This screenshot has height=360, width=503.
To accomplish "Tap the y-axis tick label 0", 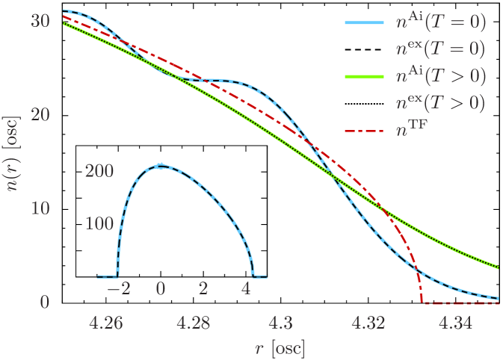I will click(x=45, y=302).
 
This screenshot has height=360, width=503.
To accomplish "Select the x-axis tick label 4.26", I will click(x=105, y=323).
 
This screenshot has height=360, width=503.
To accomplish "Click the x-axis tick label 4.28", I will click(x=193, y=323).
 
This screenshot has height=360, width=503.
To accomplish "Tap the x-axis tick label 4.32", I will click(x=368, y=323).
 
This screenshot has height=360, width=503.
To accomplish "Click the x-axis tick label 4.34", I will click(x=455, y=323).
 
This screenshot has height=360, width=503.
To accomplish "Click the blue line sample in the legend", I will click(x=364, y=23).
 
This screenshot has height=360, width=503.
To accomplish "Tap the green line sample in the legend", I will click(x=364, y=77).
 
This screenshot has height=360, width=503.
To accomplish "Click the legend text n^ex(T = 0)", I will click(x=440, y=50).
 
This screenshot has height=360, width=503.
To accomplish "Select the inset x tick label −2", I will click(x=119, y=289).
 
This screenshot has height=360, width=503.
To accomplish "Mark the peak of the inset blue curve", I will click(x=159, y=165).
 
